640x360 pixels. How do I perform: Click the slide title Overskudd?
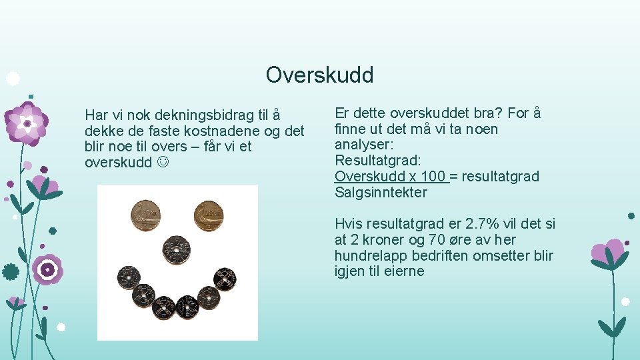tap(319, 75)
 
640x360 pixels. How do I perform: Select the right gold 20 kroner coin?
tap(209, 215)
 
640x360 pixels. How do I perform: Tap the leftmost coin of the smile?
tap(128, 277)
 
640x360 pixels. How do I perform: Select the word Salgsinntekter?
tap(381, 193)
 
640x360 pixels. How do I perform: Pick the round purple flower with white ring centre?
tap(47, 270)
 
